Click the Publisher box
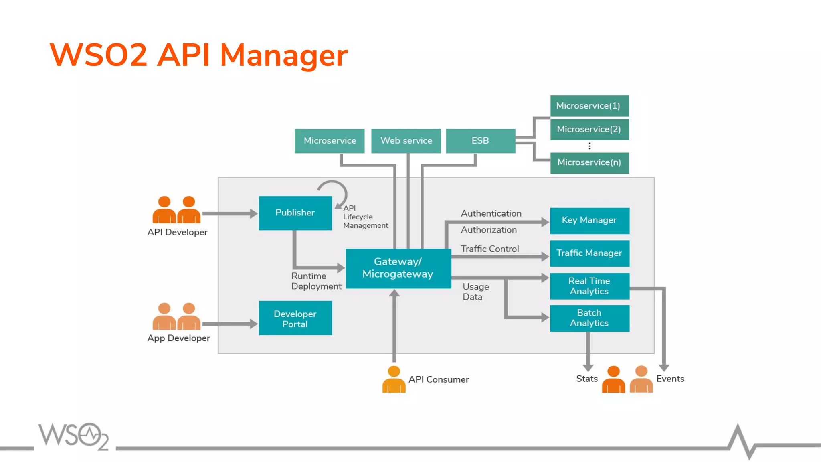295,213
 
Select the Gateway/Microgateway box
398,268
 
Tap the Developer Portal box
295,318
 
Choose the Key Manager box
589,220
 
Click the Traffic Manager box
589,253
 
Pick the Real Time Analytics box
589,286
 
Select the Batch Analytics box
589,318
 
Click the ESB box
480,141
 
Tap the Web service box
406,141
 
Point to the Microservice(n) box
589,162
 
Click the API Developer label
177,232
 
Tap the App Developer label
178,338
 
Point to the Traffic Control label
489,249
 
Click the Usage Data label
475,292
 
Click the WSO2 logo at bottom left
73,436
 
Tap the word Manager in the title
284,55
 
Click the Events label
670,379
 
